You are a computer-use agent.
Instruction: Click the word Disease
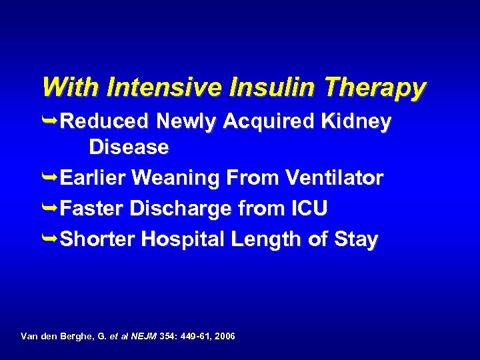point(129,147)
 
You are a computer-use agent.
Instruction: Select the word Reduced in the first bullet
point(105,122)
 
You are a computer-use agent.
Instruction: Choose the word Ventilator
point(335,178)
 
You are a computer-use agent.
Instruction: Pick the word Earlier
point(93,178)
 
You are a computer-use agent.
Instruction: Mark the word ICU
point(309,209)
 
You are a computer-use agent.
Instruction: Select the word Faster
point(92,209)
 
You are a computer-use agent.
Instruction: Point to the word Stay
point(358,239)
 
